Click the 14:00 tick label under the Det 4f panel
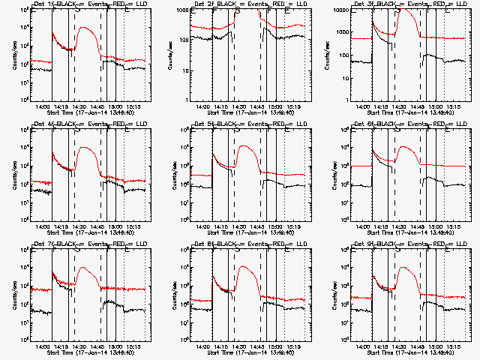43,226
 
